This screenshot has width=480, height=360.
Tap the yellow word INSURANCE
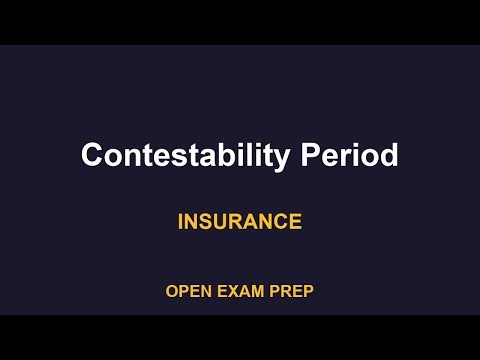[240, 221]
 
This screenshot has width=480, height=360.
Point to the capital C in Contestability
[91, 156]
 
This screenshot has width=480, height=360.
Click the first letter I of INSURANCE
[181, 221]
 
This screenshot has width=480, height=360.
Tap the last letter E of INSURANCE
[295, 221]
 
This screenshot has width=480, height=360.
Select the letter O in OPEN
[172, 292]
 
